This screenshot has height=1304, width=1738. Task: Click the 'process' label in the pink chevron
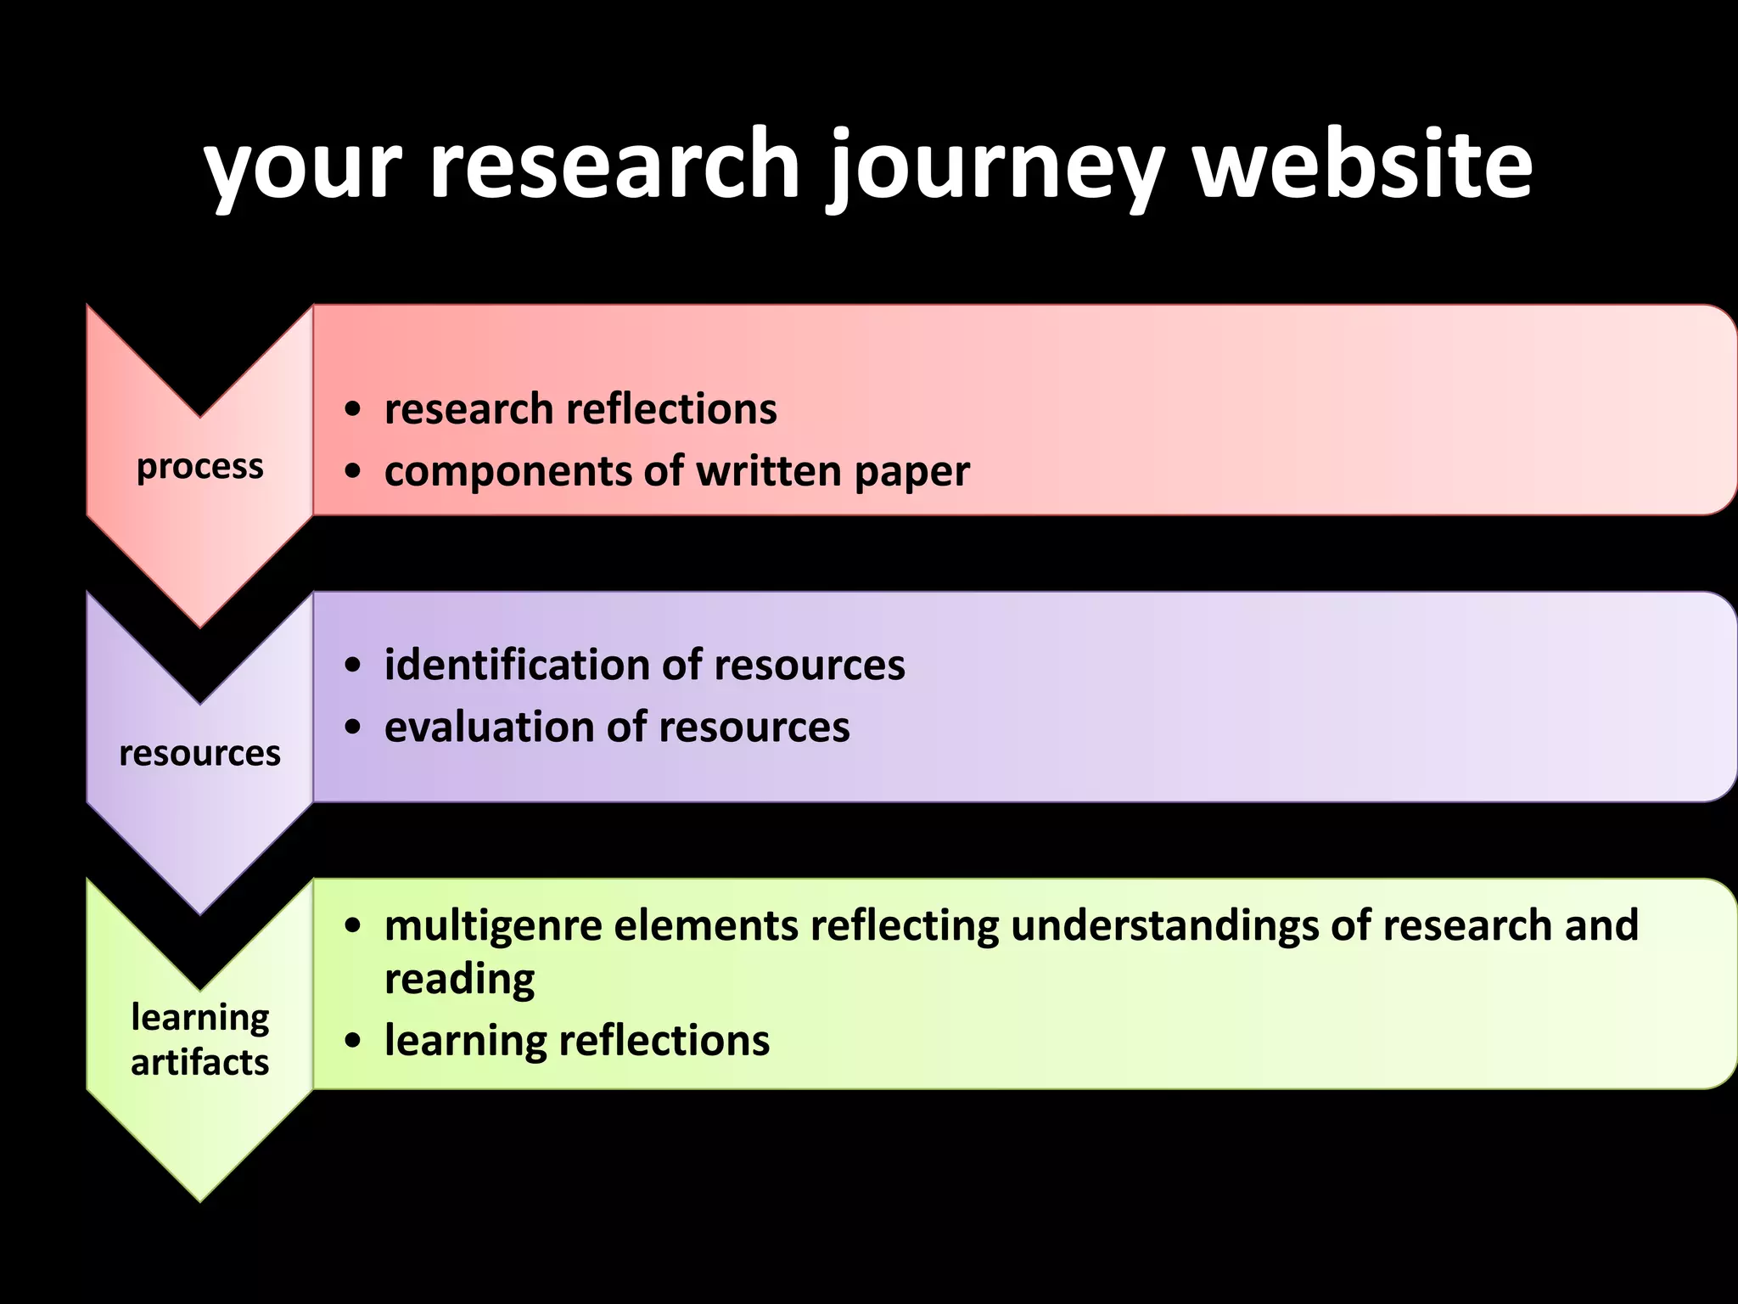[x=200, y=466]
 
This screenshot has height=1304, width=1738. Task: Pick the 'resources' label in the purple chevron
[x=200, y=753]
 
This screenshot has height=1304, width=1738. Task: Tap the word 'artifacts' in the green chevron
[x=200, y=1063]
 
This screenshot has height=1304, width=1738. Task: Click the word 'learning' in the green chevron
[x=200, y=1017]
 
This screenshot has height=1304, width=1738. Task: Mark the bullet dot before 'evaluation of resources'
[x=354, y=728]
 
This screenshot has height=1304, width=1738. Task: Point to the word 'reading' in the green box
[x=459, y=980]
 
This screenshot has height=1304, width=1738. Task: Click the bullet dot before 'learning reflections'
[x=354, y=1042]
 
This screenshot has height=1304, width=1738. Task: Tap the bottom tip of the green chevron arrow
[x=200, y=1198]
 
